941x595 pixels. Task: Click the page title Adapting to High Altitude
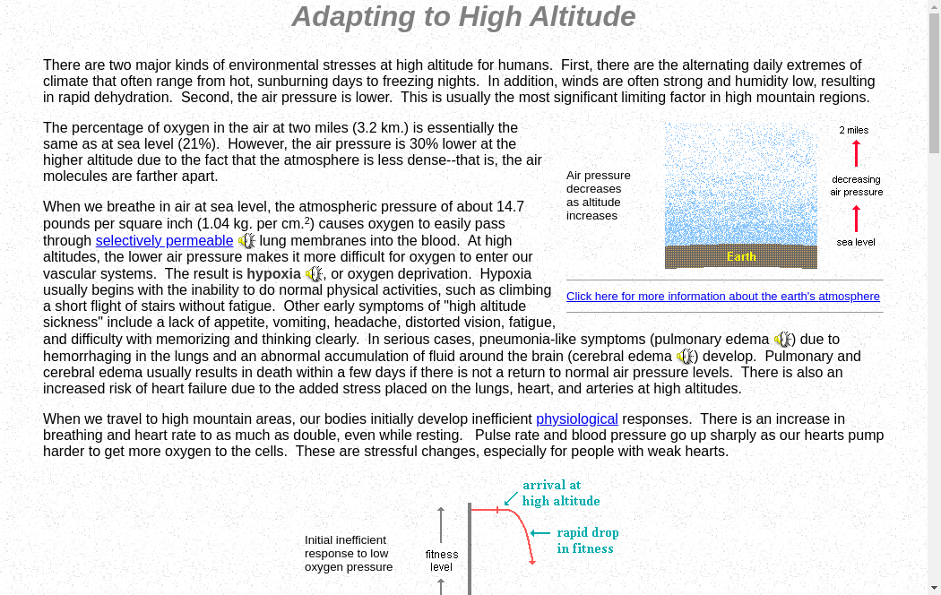(463, 16)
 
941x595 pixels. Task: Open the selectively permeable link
(164, 240)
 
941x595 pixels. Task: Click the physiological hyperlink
(577, 418)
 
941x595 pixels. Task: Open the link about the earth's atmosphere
(722, 296)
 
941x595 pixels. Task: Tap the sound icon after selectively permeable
(246, 240)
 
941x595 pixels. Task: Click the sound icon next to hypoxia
(314, 273)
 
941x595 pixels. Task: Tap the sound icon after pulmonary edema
(783, 340)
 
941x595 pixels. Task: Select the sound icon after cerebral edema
(686, 357)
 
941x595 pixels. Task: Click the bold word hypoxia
(273, 273)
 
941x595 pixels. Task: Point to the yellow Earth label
(740, 256)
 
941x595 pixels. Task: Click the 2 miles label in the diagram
(854, 130)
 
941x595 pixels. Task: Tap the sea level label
(856, 242)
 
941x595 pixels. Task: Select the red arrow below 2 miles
(856, 153)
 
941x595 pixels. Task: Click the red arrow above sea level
(856, 219)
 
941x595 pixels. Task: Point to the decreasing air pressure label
(856, 185)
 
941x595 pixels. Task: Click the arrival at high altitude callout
(561, 493)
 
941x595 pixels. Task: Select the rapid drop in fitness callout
(587, 540)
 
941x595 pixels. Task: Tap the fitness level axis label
(442, 560)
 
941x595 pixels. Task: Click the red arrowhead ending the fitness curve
(532, 561)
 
